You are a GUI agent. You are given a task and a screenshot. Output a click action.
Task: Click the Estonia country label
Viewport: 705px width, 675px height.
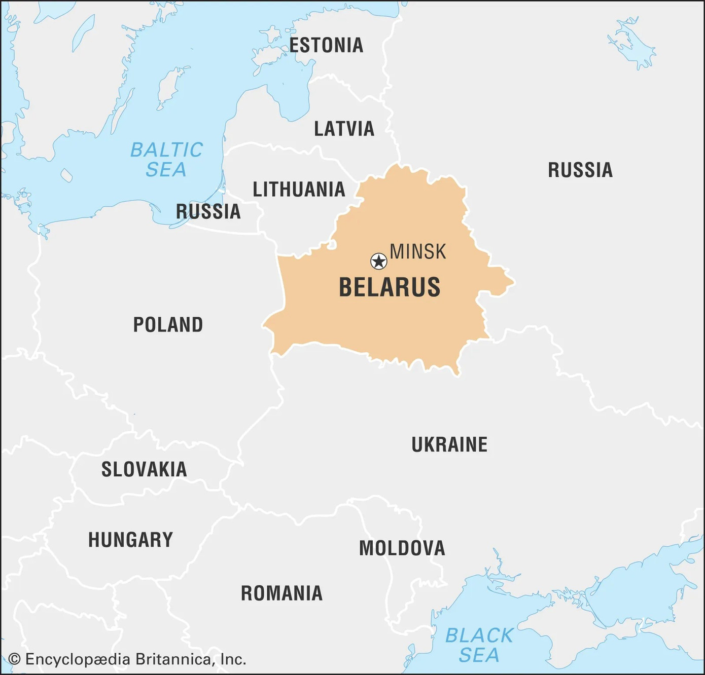[326, 46]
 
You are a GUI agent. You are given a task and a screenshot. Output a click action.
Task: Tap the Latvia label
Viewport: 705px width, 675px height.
[344, 129]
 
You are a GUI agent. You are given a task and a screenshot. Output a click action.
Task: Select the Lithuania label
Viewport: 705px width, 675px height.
[299, 190]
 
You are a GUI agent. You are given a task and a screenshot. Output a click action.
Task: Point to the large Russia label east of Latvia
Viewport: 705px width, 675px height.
[580, 170]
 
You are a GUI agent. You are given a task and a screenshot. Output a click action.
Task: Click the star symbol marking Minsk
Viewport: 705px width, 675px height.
[378, 261]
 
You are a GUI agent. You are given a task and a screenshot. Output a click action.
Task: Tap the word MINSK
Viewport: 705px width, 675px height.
[418, 252]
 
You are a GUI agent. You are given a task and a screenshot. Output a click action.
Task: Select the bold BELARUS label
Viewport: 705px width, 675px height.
[390, 287]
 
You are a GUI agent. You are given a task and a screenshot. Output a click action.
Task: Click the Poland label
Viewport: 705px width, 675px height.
[168, 325]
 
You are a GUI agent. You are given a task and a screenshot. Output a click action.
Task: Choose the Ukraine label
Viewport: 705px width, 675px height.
[449, 445]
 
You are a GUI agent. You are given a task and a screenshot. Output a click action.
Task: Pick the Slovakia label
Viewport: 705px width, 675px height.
[144, 470]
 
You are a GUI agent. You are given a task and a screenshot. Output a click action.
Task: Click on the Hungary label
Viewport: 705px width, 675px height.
[130, 540]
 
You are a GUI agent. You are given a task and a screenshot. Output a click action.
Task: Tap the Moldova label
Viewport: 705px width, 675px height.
[402, 548]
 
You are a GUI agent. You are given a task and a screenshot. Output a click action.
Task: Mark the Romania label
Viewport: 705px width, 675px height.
[281, 593]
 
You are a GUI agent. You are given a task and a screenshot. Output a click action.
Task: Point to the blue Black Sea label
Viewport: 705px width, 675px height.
[479, 645]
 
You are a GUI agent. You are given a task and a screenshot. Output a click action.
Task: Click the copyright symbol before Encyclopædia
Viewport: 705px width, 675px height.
[15, 659]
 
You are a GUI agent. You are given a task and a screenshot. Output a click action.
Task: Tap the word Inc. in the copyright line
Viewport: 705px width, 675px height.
[233, 659]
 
